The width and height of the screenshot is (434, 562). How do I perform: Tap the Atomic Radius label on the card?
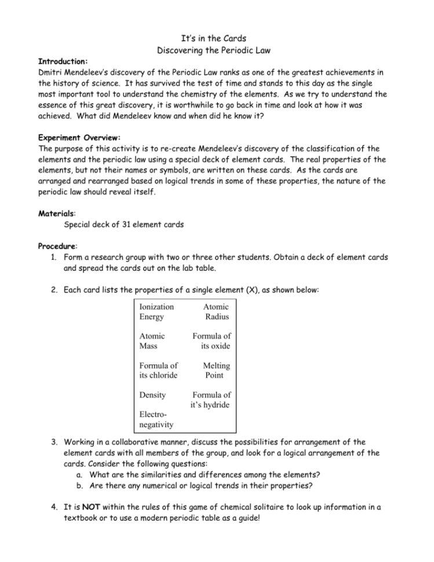216,312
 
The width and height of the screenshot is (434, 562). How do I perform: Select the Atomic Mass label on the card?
152,341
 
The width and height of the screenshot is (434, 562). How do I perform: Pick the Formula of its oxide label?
211,341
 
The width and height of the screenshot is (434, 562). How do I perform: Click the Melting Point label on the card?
216,370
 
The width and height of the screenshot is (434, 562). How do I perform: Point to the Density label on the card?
152,395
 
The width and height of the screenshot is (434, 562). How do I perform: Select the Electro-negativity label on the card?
156,420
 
